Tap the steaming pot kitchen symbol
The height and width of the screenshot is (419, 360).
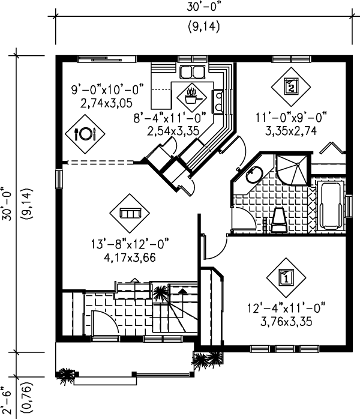coord(192,95)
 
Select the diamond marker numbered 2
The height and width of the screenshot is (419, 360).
coord(292,86)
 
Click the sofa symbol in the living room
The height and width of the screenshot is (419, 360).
coord(129,213)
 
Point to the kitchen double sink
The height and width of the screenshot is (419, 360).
coord(193,73)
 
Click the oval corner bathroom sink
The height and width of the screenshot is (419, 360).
coord(253,175)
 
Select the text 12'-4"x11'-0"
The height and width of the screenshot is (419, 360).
coord(286,309)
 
